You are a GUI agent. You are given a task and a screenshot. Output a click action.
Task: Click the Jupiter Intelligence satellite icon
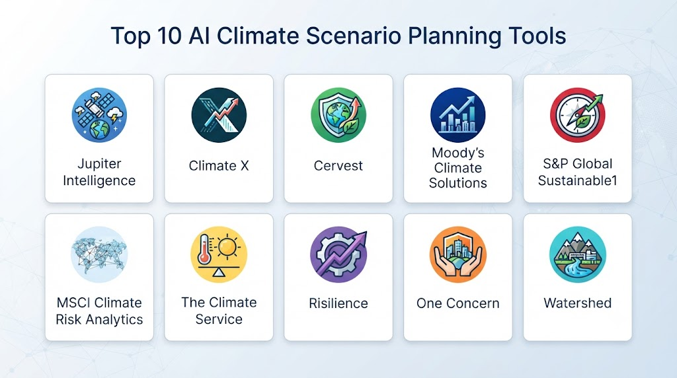[x=99, y=115]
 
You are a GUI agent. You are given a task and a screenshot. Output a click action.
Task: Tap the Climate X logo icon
[x=219, y=115]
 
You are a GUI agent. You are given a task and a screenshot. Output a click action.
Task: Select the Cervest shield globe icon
[x=338, y=115]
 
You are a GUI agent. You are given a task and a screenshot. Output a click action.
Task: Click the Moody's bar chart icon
[x=458, y=115]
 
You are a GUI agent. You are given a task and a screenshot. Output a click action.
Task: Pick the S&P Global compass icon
[x=578, y=115]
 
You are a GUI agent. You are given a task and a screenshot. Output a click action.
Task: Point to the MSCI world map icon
[x=99, y=254]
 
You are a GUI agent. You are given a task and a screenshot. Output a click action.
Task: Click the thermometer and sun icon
[x=219, y=254]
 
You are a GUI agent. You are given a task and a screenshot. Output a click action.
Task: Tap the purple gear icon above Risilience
[x=338, y=254]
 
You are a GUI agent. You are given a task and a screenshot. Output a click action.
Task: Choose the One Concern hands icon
[x=458, y=254]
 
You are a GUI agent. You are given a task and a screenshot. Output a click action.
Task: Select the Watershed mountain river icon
[x=578, y=254]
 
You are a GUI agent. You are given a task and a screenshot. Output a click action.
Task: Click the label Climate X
[x=219, y=166]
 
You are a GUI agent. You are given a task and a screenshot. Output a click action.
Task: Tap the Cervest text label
[x=338, y=166]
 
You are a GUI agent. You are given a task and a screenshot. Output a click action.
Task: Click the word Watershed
[x=578, y=303]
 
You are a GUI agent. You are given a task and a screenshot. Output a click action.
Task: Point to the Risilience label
[x=338, y=303]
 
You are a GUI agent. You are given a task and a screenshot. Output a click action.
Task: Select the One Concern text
[x=458, y=303]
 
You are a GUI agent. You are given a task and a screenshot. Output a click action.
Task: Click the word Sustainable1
[x=578, y=180]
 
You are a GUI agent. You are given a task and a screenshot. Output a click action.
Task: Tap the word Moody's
[x=458, y=153]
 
